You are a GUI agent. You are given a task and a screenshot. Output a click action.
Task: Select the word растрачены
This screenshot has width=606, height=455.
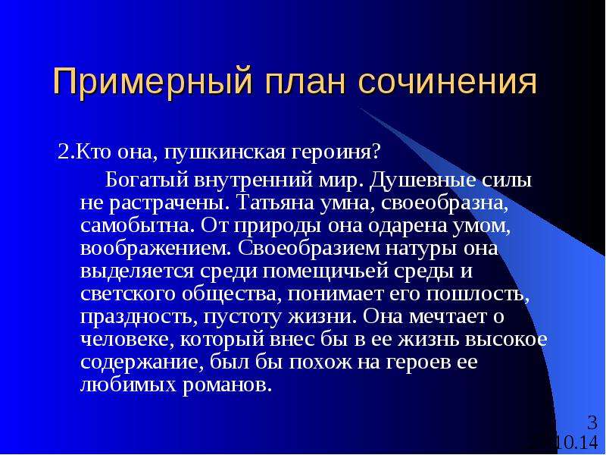[x=167, y=204]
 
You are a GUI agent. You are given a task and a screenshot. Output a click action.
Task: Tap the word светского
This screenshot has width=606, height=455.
[x=128, y=294]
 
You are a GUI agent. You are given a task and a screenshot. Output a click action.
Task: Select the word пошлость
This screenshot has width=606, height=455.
[x=478, y=294]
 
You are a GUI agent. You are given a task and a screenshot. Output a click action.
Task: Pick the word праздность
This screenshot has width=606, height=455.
[x=137, y=317]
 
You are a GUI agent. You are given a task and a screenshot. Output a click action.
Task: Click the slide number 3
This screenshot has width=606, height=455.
[x=592, y=422]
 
